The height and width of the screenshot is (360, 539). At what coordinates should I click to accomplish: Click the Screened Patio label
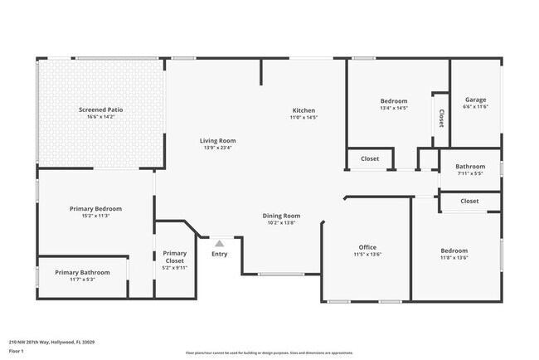[100, 109]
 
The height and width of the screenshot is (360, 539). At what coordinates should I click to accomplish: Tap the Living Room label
[217, 140]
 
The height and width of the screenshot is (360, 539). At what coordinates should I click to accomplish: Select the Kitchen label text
[303, 110]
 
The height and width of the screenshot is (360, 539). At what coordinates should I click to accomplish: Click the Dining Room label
[281, 216]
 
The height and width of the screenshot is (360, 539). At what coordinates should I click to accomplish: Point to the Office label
[367, 247]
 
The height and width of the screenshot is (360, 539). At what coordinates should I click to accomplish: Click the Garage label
[475, 99]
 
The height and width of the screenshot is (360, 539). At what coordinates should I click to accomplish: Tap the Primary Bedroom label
[95, 208]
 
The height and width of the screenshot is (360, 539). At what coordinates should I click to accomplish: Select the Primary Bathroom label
[82, 272]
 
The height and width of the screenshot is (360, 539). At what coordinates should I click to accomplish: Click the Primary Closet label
[175, 257]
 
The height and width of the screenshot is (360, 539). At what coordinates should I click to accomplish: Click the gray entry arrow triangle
[219, 243]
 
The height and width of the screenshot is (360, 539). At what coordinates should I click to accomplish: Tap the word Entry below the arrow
[219, 254]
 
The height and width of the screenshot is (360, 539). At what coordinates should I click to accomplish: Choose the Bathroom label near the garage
[470, 166]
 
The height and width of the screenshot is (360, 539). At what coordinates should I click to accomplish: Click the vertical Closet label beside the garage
[441, 118]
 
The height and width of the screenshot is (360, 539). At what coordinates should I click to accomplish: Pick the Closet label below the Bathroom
[469, 201]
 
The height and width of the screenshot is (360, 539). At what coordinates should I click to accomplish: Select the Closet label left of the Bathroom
[369, 158]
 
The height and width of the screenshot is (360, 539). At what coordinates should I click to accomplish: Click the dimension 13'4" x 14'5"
[394, 108]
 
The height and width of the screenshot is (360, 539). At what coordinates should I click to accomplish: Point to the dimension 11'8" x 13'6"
[454, 258]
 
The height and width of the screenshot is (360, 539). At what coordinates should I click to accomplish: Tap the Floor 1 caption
[17, 351]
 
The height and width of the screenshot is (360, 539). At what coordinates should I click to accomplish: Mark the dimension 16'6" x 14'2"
[100, 117]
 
